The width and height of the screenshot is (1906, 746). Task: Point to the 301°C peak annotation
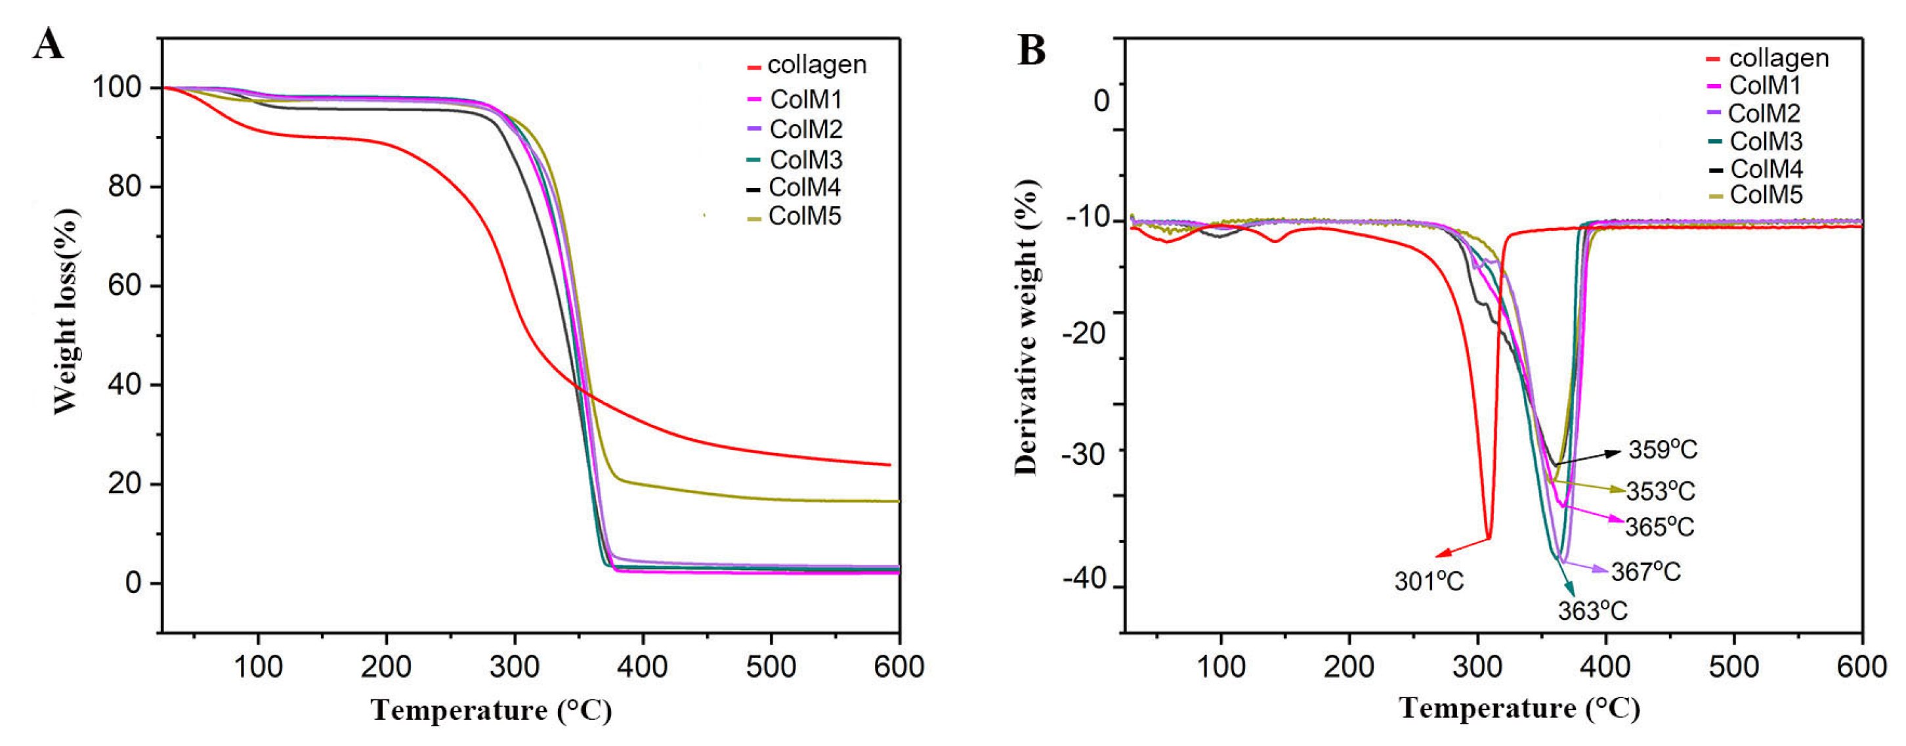pos(1429,582)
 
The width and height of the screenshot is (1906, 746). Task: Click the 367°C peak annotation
pos(1645,571)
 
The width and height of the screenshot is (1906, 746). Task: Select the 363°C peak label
pos(1592,611)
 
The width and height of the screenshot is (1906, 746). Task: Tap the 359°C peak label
pos(1662,450)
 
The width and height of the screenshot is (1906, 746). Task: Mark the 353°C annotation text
pos(1660,491)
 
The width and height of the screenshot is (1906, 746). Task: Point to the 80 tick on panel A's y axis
pos(124,186)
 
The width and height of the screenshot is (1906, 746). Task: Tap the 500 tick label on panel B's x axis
pos(1733,668)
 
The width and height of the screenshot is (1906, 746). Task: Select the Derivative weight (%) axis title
pos(1027,326)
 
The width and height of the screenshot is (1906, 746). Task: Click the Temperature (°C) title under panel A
pos(492,711)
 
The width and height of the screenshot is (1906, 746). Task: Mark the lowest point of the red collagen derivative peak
pos(1489,538)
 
